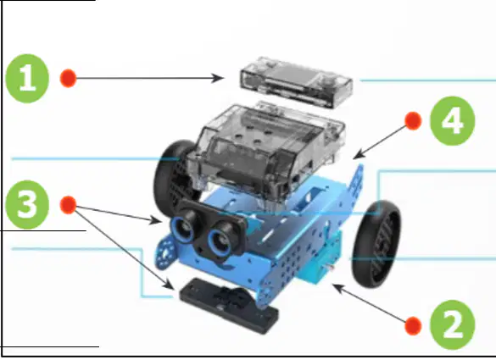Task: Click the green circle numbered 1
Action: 27,79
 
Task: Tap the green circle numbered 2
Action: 453,325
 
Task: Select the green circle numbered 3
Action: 27,204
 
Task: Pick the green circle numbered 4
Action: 453,121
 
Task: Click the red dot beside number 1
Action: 68,78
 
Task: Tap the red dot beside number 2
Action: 413,325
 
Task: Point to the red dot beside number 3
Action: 68,205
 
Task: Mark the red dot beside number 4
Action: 413,121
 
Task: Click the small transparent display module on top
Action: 296,82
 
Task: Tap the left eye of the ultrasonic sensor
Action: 183,228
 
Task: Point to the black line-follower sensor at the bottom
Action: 229,305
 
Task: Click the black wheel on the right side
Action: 376,244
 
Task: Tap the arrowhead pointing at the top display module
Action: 218,78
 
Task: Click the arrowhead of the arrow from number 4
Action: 359,155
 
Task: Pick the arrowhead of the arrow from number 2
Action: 337,288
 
